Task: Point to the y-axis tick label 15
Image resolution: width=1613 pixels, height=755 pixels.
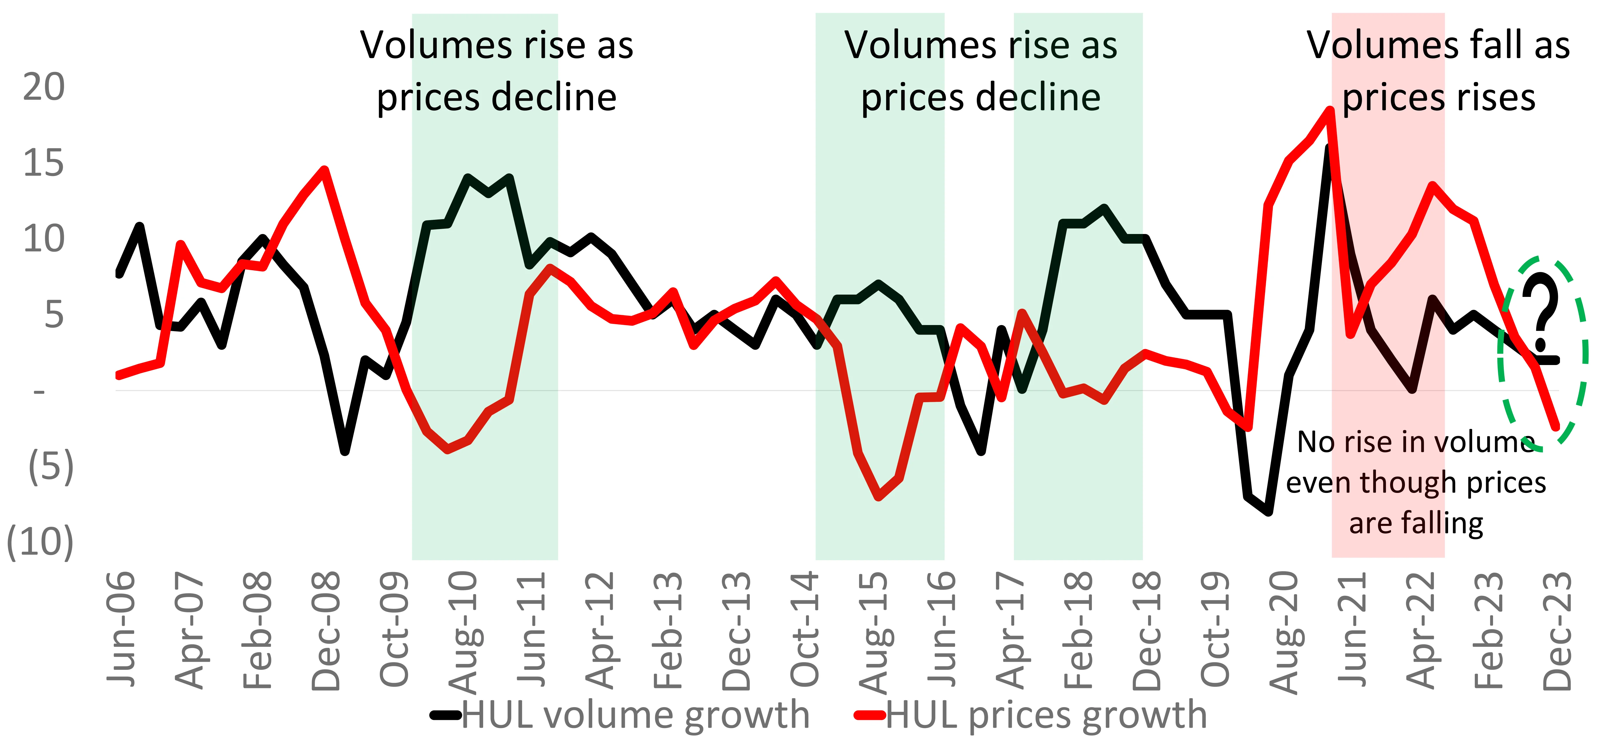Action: click(x=44, y=164)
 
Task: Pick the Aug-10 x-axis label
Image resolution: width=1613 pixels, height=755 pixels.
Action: click(x=463, y=633)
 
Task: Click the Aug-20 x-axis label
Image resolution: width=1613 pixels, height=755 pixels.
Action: click(x=1284, y=633)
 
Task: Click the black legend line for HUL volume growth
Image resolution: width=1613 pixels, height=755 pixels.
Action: click(x=446, y=715)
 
